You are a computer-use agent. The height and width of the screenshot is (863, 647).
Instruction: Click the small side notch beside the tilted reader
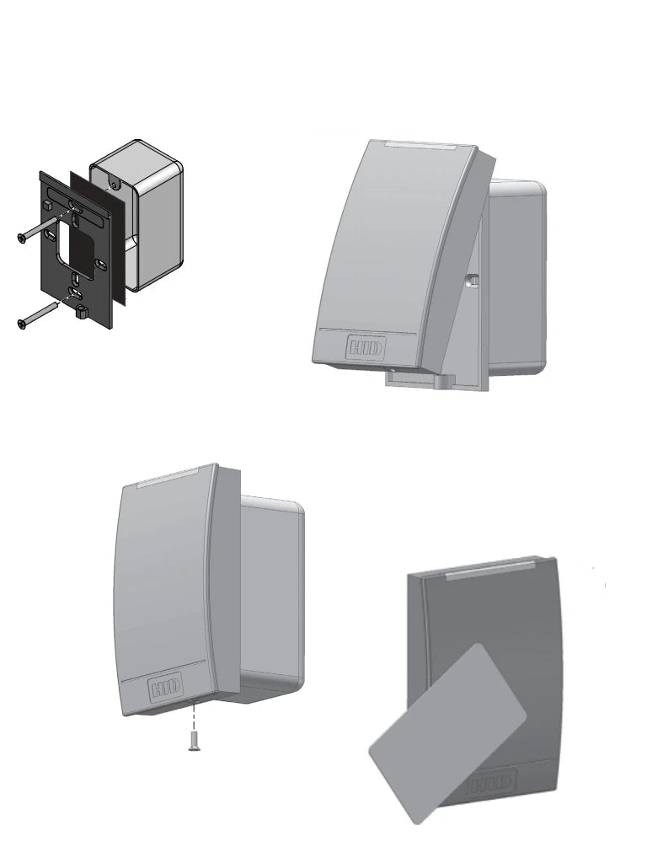pyautogui.click(x=473, y=279)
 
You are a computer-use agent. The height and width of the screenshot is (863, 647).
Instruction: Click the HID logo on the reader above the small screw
pyautogui.click(x=166, y=689)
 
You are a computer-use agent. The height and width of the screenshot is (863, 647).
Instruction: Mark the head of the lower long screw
pyautogui.click(x=22, y=322)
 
